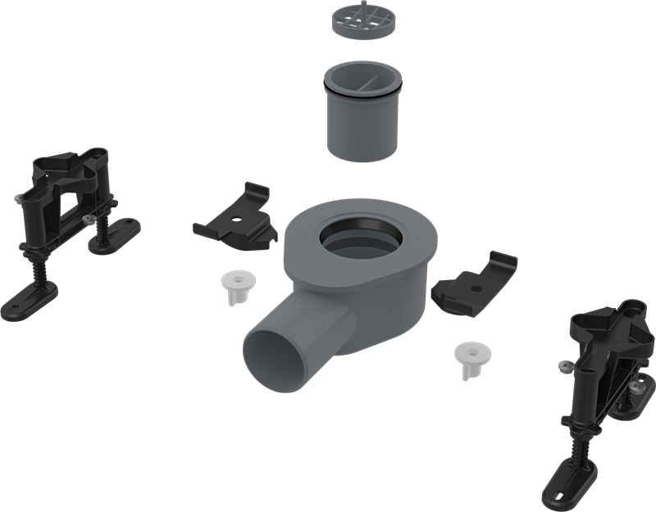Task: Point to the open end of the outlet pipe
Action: coord(275,355)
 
